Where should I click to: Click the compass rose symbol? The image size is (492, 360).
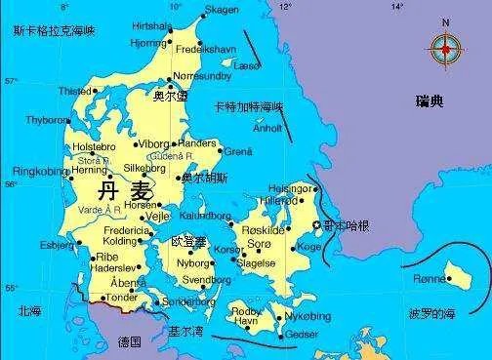[446, 45]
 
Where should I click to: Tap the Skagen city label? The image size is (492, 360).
[221, 10]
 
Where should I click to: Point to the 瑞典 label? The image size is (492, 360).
[429, 100]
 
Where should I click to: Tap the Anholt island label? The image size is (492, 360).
[267, 128]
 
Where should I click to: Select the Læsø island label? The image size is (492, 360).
[247, 65]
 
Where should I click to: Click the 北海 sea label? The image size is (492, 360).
[29, 310]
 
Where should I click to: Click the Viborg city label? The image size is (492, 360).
[154, 144]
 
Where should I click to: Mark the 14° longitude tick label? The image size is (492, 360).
[397, 7]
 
